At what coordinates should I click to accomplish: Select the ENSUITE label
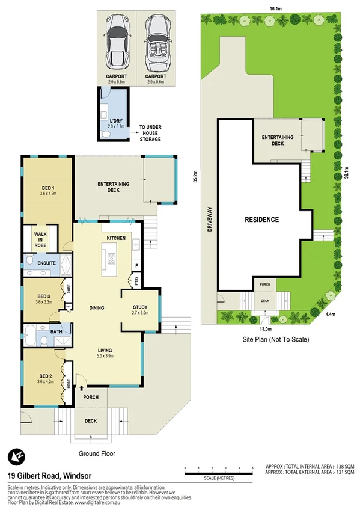[46, 263]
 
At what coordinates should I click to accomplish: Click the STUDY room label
[140, 310]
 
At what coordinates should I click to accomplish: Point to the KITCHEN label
[116, 238]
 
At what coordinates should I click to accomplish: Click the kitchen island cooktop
[112, 259]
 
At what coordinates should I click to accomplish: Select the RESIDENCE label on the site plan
[261, 220]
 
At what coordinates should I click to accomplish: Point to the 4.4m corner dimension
[330, 314]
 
